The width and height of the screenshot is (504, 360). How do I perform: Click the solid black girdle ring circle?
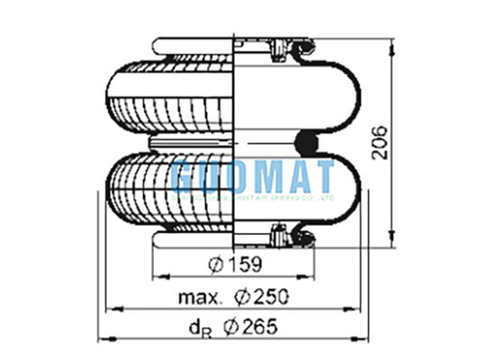click(x=308, y=140)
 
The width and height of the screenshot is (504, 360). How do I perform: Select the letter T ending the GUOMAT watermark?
click(x=323, y=175)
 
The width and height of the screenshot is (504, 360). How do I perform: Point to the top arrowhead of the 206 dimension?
click(x=393, y=42)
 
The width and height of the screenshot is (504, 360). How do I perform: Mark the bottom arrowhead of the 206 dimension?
click(x=393, y=240)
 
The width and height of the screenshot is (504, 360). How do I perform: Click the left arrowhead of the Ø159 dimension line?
click(x=156, y=276)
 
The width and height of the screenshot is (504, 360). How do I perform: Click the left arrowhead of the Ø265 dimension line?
click(x=102, y=338)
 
